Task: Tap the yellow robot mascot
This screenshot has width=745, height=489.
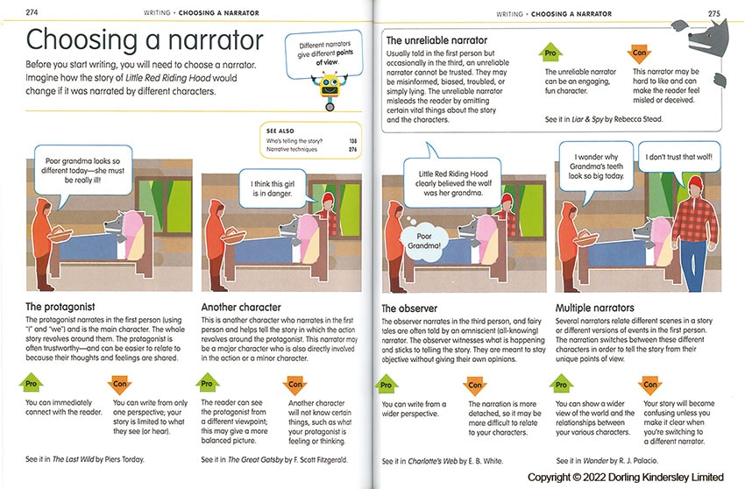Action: point(330,88)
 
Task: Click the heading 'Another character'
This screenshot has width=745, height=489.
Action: point(241,308)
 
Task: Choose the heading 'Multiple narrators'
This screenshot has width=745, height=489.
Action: point(595,308)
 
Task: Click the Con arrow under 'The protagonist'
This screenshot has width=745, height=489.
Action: point(120,385)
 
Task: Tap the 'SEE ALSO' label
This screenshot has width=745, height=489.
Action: point(280,129)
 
